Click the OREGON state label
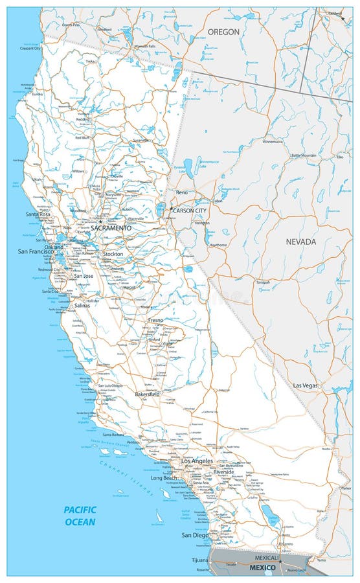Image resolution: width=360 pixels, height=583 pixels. pyautogui.click(x=224, y=31)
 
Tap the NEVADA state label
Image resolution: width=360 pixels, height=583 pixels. pyautogui.click(x=301, y=242)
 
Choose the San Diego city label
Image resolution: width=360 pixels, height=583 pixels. pyautogui.click(x=195, y=535)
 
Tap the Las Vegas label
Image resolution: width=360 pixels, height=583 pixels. pyautogui.click(x=306, y=385)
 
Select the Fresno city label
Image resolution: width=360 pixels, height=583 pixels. pyautogui.click(x=155, y=320)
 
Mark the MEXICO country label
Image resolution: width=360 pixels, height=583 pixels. pyautogui.click(x=262, y=568)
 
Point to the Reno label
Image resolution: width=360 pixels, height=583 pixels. pyautogui.click(x=182, y=192)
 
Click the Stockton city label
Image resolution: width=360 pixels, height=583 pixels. pyautogui.click(x=113, y=254)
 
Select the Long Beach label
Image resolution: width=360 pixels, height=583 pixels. pyautogui.click(x=164, y=478)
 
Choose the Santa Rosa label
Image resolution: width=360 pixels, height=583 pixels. pyautogui.click(x=38, y=214)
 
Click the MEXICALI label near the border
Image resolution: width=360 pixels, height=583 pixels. pyautogui.click(x=267, y=558)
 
